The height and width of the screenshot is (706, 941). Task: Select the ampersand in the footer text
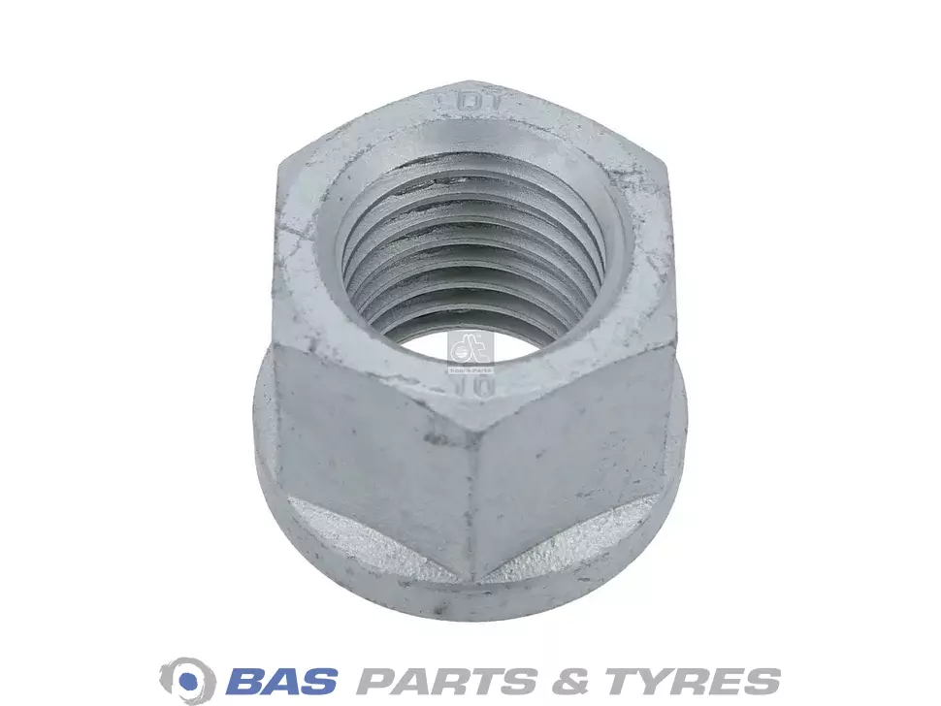(565, 678)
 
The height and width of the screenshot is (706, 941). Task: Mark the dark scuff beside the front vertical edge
(442, 439)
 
